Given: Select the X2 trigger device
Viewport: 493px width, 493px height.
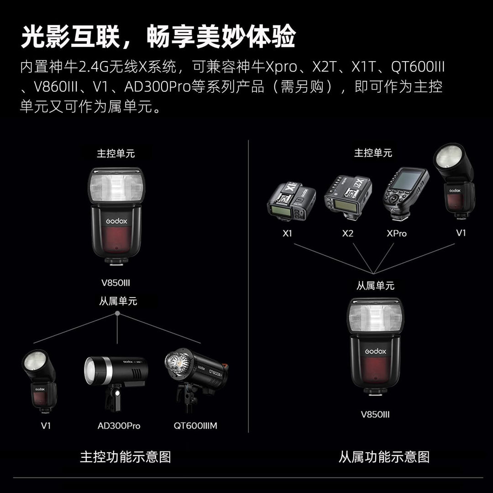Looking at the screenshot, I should point(348,199).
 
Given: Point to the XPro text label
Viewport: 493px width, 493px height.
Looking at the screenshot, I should point(396,233).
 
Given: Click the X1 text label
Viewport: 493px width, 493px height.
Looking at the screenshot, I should point(287,233).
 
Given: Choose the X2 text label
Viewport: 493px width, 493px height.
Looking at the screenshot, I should point(347,233).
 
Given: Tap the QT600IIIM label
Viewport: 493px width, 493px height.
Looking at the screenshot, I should point(195,426).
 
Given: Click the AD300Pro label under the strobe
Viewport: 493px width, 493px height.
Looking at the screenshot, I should point(119,426).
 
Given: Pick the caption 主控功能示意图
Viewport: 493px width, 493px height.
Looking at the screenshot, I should point(125,457).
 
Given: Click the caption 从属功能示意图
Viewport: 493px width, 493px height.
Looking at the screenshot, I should point(384,457).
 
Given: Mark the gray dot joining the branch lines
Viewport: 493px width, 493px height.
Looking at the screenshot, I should point(118,314).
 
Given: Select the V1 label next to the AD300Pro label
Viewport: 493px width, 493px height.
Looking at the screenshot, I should point(46,426).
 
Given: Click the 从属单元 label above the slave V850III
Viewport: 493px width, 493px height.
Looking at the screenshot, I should point(375,286).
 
